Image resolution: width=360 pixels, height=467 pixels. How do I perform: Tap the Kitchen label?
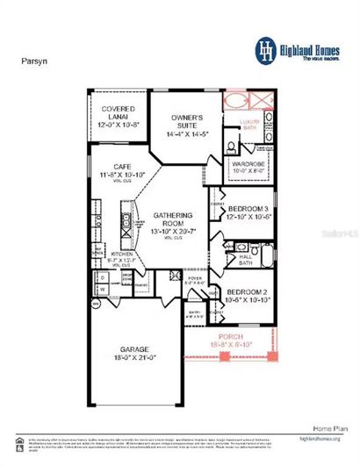122,256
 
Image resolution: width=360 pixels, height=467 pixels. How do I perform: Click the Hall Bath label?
246,260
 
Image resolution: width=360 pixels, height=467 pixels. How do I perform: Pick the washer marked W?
101,288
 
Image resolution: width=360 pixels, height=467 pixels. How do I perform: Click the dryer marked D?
101,276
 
